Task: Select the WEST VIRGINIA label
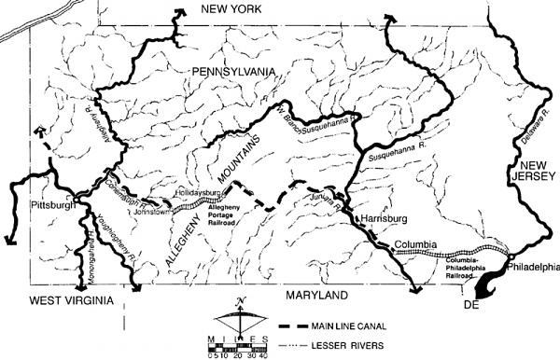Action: pyautogui.click(x=63, y=300)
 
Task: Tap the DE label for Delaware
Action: pyautogui.click(x=475, y=304)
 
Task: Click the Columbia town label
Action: pyautogui.click(x=416, y=246)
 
